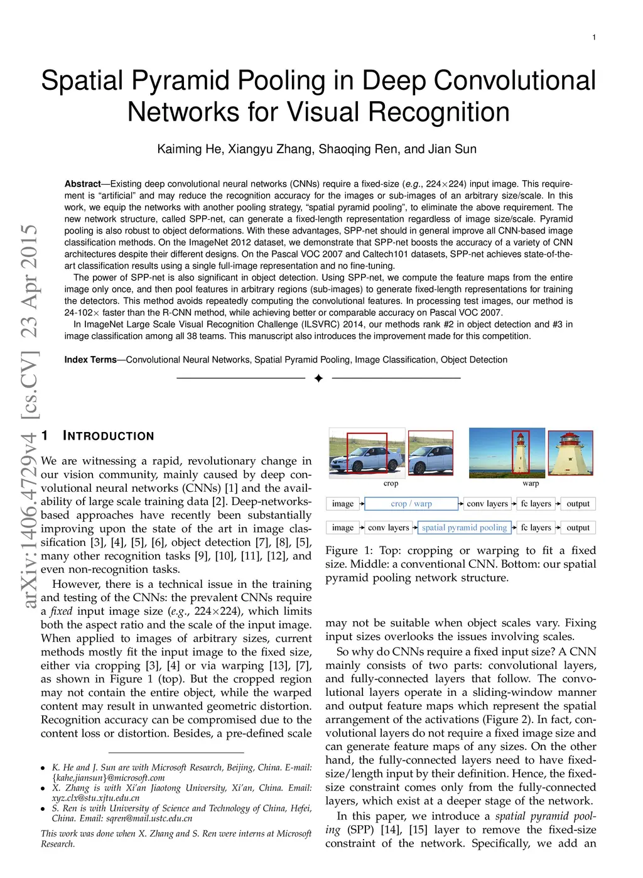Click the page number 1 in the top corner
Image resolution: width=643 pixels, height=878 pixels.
pyautogui.click(x=594, y=38)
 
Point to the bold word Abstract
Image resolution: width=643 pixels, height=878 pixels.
pyautogui.click(x=82, y=184)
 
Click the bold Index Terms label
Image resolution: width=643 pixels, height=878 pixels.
pyautogui.click(x=90, y=360)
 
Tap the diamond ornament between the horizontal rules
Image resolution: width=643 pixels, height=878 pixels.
pyautogui.click(x=318, y=378)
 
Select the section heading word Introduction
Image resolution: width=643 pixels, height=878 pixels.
pyautogui.click(x=109, y=436)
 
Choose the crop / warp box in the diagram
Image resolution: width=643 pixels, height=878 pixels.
pyautogui.click(x=411, y=504)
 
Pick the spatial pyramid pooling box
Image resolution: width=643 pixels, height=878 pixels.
pyautogui.click(x=464, y=528)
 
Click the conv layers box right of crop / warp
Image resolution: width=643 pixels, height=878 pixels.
pyautogui.click(x=487, y=504)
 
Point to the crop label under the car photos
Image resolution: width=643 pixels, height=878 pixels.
pyautogui.click(x=391, y=484)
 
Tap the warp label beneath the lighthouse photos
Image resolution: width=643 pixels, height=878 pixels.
pyautogui.click(x=531, y=484)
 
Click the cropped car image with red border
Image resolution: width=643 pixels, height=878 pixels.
pyautogui.click(x=431, y=452)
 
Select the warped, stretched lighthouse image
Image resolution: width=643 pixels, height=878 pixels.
pyautogui.click(x=570, y=452)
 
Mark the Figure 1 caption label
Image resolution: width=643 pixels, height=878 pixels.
pyautogui.click(x=349, y=551)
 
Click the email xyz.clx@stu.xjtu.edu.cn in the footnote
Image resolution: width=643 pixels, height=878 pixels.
pyautogui.click(x=96, y=798)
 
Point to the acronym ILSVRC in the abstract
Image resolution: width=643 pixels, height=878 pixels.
pyautogui.click(x=320, y=325)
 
